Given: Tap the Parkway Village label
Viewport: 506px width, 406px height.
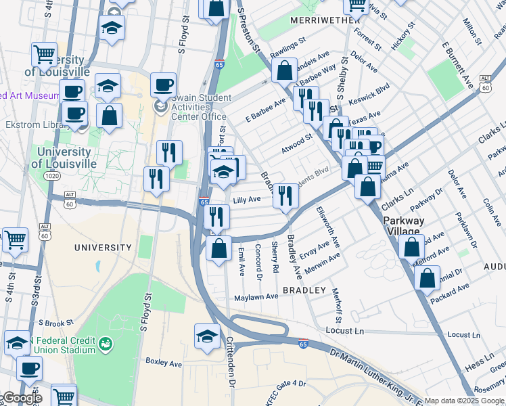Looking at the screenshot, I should [404, 227].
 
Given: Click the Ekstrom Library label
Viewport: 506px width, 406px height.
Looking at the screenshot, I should [30, 125].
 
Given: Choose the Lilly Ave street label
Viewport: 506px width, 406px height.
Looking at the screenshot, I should [246, 200].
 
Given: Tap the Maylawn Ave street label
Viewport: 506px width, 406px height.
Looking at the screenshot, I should [256, 297].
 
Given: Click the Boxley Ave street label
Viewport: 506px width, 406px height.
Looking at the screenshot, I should [164, 363].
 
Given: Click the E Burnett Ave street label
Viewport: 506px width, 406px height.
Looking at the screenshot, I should [457, 65].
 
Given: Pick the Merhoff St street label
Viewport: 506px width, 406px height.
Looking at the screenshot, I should [337, 305].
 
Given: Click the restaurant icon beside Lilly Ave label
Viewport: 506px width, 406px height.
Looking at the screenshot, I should [285, 196].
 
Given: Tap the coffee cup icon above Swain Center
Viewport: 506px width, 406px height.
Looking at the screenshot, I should [162, 85].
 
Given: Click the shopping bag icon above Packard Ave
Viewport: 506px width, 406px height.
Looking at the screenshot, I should [426, 276].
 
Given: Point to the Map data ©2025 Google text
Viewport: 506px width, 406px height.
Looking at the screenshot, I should [464, 401].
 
